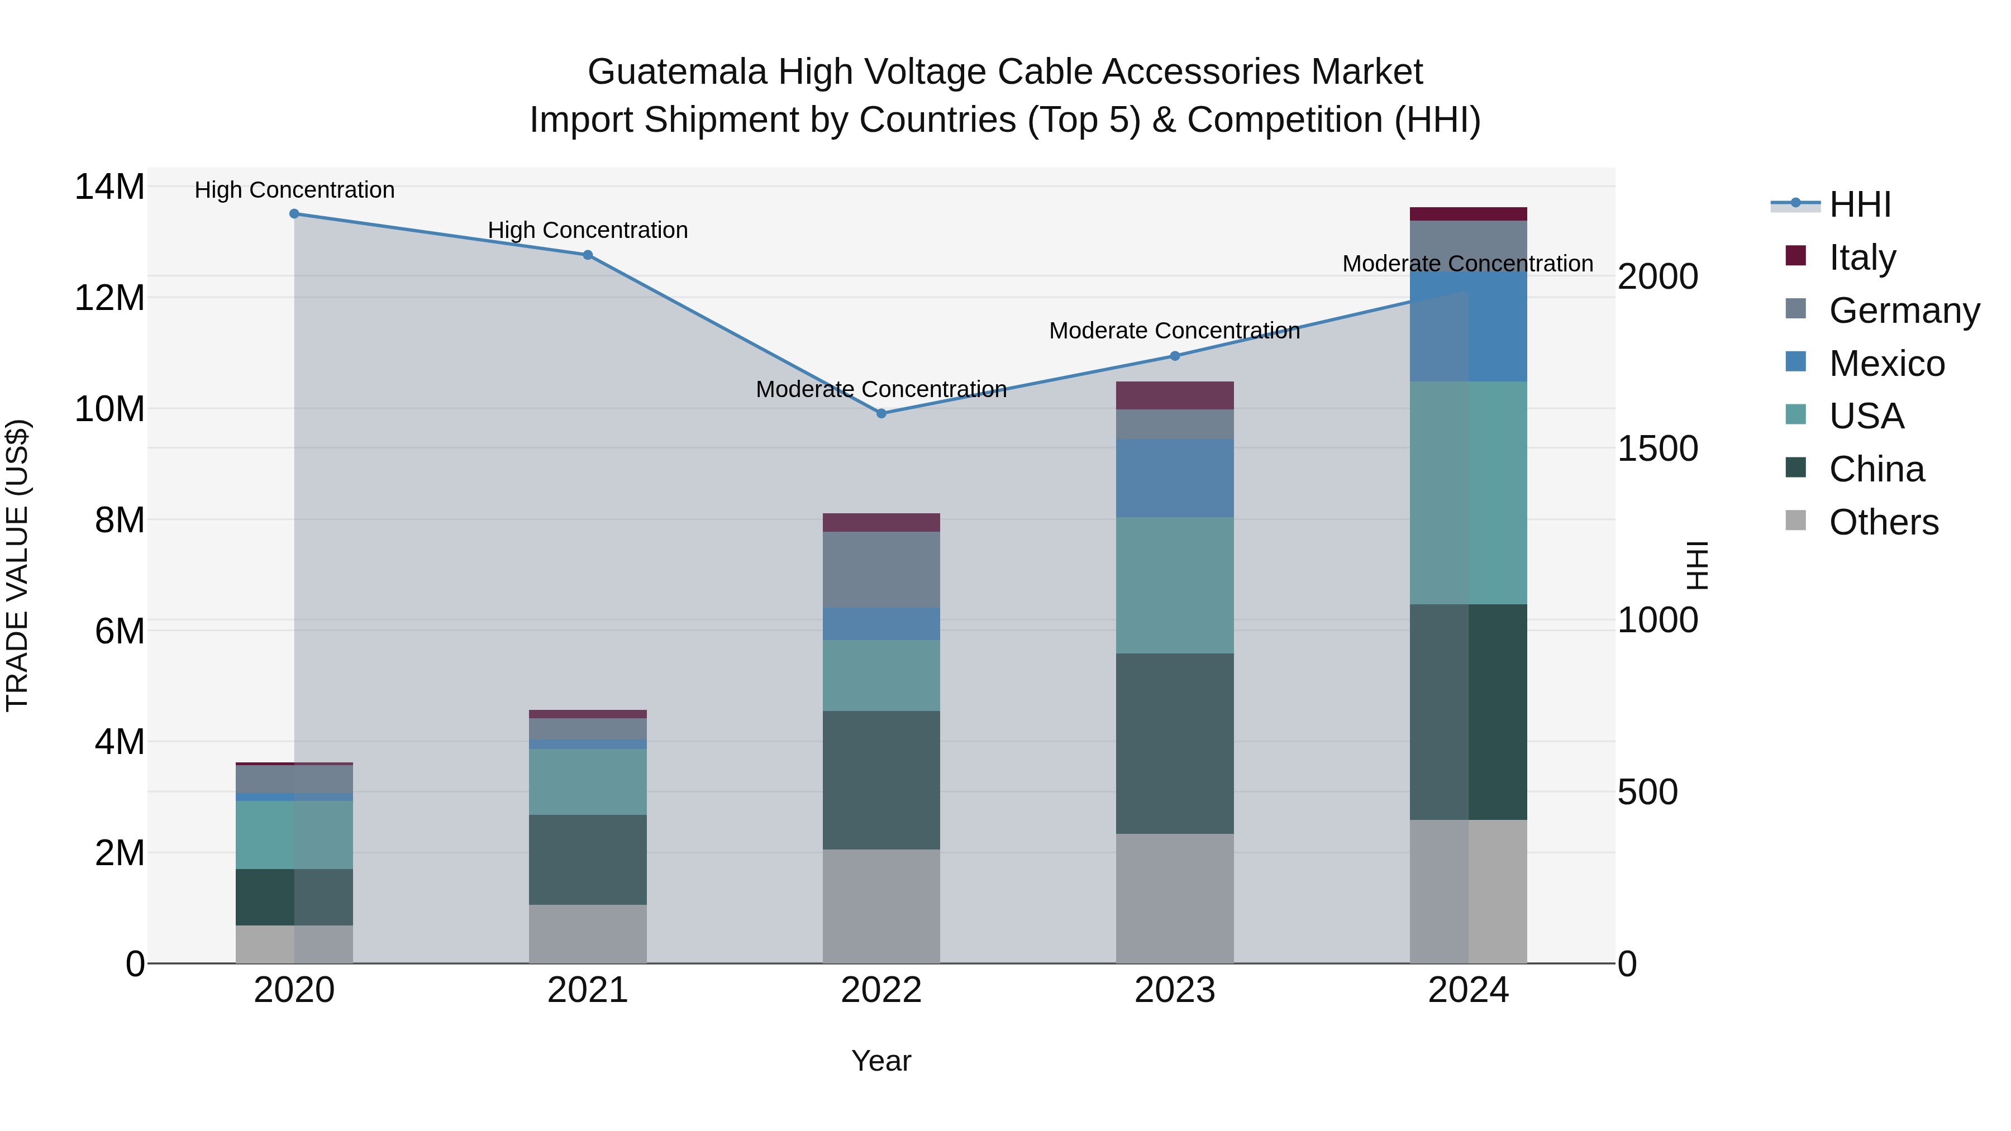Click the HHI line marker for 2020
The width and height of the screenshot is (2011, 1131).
click(x=294, y=214)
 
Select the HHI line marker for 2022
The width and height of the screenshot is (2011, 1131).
click(x=881, y=414)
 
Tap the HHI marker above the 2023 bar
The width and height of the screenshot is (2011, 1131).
click(x=1175, y=356)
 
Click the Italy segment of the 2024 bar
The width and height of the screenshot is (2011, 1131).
click(x=1469, y=214)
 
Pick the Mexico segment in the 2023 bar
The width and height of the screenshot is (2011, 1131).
click(x=1175, y=478)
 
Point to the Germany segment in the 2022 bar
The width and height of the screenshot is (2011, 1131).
click(x=881, y=570)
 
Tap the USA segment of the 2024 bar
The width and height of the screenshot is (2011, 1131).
click(x=1469, y=493)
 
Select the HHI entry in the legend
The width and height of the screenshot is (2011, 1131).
click(x=1860, y=204)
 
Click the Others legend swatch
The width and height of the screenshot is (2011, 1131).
click(x=1795, y=521)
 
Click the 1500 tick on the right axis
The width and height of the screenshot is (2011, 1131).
click(x=1657, y=449)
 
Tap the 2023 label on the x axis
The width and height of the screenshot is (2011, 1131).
click(x=1175, y=990)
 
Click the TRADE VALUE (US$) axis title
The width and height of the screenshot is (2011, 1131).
click(x=17, y=565)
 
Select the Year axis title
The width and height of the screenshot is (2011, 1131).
click(x=881, y=1061)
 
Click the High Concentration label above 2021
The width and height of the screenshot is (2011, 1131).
click(x=588, y=230)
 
